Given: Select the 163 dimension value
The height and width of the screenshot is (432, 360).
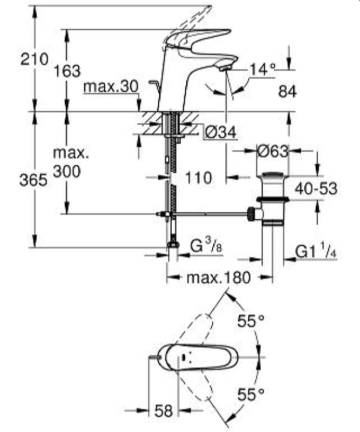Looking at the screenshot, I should (67, 71).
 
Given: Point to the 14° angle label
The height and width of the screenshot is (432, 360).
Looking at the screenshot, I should (262, 69).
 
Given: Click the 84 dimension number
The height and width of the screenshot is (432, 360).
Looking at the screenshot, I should (288, 92).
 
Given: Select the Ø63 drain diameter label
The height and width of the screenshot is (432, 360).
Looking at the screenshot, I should (273, 151).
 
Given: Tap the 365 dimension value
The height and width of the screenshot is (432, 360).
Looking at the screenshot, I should (33, 181).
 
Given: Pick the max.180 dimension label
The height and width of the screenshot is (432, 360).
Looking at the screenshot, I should (219, 278).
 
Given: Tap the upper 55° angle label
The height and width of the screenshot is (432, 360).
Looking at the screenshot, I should (251, 321).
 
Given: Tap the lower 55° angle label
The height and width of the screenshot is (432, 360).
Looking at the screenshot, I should (251, 394).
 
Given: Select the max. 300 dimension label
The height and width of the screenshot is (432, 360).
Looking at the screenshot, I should (67, 163).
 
